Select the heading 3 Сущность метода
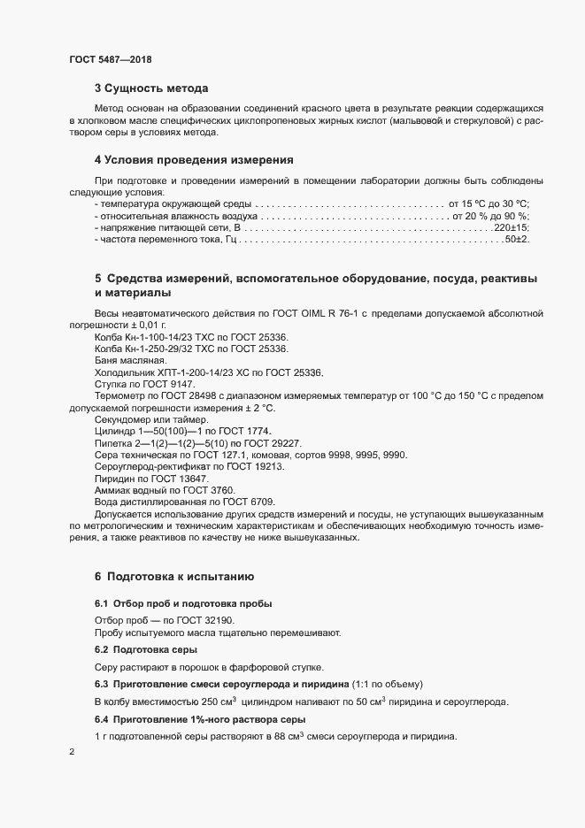pyautogui.click(x=151, y=88)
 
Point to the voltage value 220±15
pyautogui.click(x=512, y=227)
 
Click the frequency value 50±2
pyautogui.click(x=516, y=239)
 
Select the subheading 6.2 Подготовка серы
pyautogui.click(x=139, y=650)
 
